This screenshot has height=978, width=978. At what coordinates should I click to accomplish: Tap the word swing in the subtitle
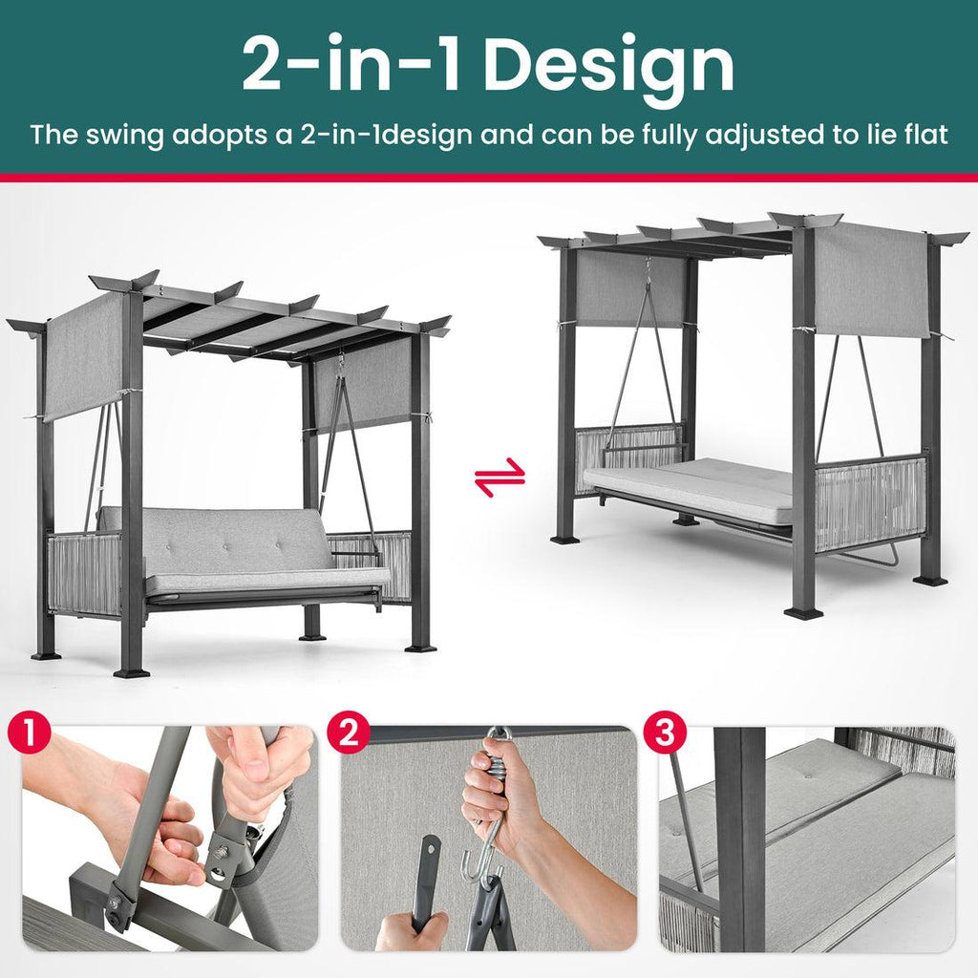click(x=124, y=136)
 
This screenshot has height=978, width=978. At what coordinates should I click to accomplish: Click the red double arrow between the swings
click(x=500, y=478)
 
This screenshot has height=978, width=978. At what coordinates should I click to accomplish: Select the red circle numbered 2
click(x=349, y=733)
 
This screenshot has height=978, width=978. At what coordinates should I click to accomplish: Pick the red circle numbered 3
click(x=665, y=733)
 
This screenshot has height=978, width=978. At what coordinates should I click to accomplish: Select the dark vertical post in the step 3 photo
click(x=743, y=839)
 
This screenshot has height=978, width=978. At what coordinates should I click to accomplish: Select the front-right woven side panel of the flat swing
click(x=871, y=502)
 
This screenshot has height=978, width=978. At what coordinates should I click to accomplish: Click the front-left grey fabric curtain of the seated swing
click(x=84, y=357)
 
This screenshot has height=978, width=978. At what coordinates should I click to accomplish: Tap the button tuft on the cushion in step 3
click(x=809, y=774)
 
